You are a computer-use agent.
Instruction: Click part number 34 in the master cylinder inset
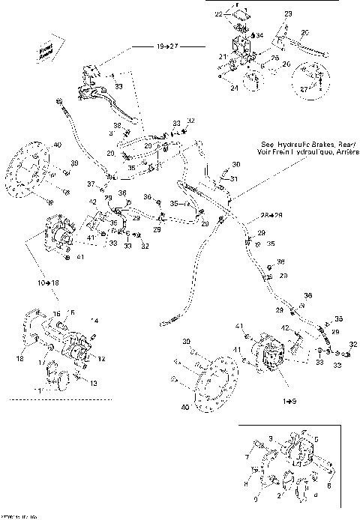(259, 34)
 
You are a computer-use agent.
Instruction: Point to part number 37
(91, 184)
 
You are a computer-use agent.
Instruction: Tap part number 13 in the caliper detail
(94, 382)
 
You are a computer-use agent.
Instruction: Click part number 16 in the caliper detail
(55, 315)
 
